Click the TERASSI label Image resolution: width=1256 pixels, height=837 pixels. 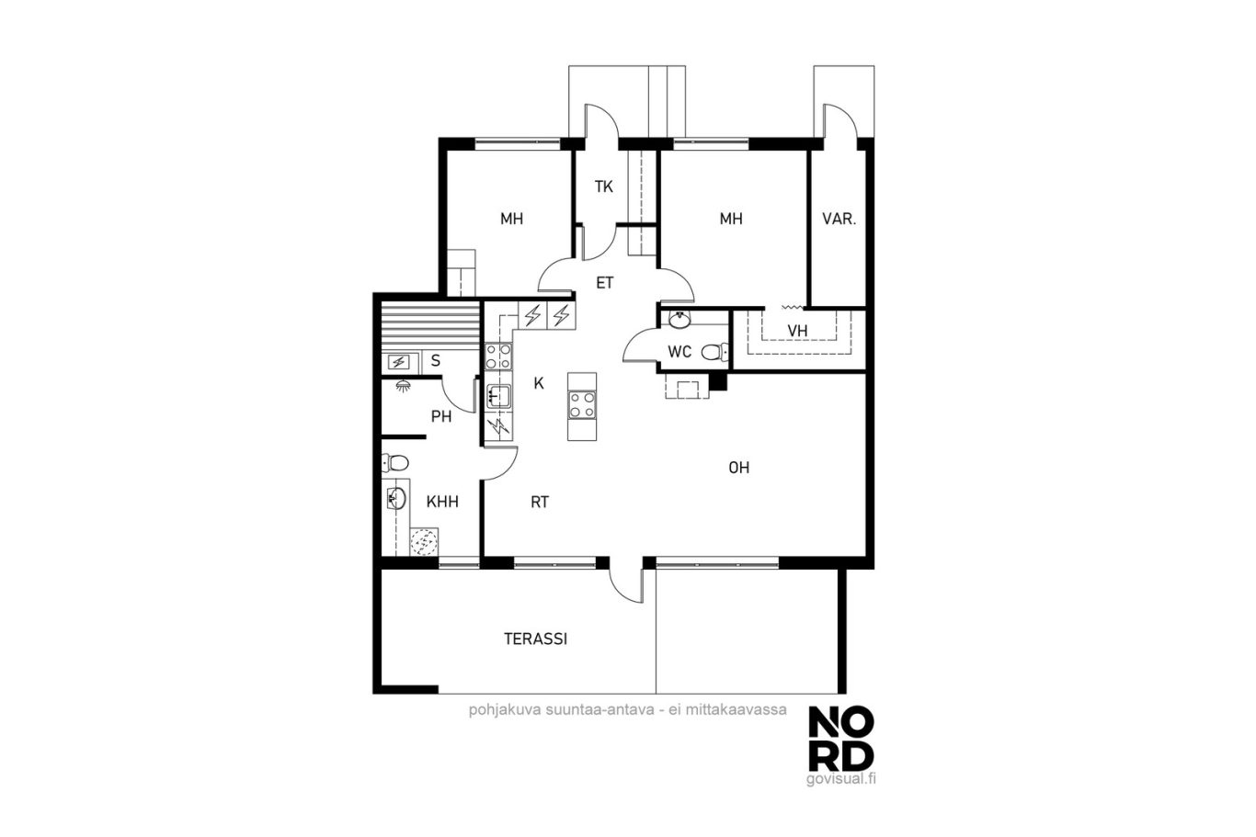[535, 639]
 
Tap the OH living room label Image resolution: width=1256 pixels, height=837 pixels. [739, 468]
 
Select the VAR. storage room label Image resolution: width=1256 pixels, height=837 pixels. [839, 219]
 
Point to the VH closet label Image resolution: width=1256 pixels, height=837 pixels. [797, 331]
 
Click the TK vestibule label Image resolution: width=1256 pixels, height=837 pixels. [604, 187]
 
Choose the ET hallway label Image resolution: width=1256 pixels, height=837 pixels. [604, 283]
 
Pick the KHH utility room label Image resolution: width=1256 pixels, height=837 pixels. [442, 502]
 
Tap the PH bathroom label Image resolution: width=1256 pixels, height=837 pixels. [441, 416]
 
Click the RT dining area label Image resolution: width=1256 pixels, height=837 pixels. [540, 502]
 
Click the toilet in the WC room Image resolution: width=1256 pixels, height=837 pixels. [714, 352]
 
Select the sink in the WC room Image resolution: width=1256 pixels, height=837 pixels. [679, 320]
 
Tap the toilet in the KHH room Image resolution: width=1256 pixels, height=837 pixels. [395, 463]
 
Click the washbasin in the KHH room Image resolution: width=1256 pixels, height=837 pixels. [396, 498]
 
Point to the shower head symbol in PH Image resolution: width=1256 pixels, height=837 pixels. [403, 386]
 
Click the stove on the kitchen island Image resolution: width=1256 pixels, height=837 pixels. [582, 404]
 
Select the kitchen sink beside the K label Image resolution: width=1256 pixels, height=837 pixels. [498, 395]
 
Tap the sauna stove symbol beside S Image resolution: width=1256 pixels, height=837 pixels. [399, 362]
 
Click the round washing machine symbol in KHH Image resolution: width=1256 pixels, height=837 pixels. [423, 541]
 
